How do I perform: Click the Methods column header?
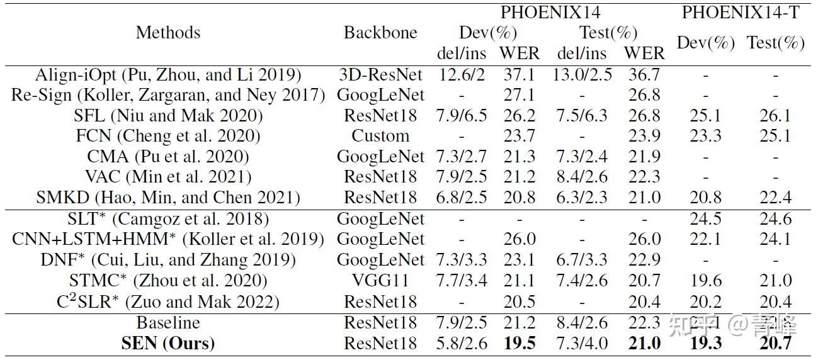point(168,33)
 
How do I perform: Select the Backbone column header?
point(380,33)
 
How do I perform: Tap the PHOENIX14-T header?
point(741,13)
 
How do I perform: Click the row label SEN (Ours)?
point(168,343)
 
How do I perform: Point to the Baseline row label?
point(168,323)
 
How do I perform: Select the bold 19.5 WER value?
point(520,343)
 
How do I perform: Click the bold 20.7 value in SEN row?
point(775,343)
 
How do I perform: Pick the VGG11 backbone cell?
point(380,281)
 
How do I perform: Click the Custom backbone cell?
point(380,136)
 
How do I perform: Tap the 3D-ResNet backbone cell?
point(380,75)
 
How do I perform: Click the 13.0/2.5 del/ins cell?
point(582,75)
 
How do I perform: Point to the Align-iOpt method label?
point(168,75)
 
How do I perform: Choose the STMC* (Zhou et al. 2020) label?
point(168,281)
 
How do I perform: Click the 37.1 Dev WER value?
point(520,75)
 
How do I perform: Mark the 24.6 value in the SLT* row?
point(775,219)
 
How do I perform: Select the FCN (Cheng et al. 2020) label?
point(168,136)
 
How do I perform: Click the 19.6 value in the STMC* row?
point(705,281)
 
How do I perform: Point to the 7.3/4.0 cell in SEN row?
point(582,343)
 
